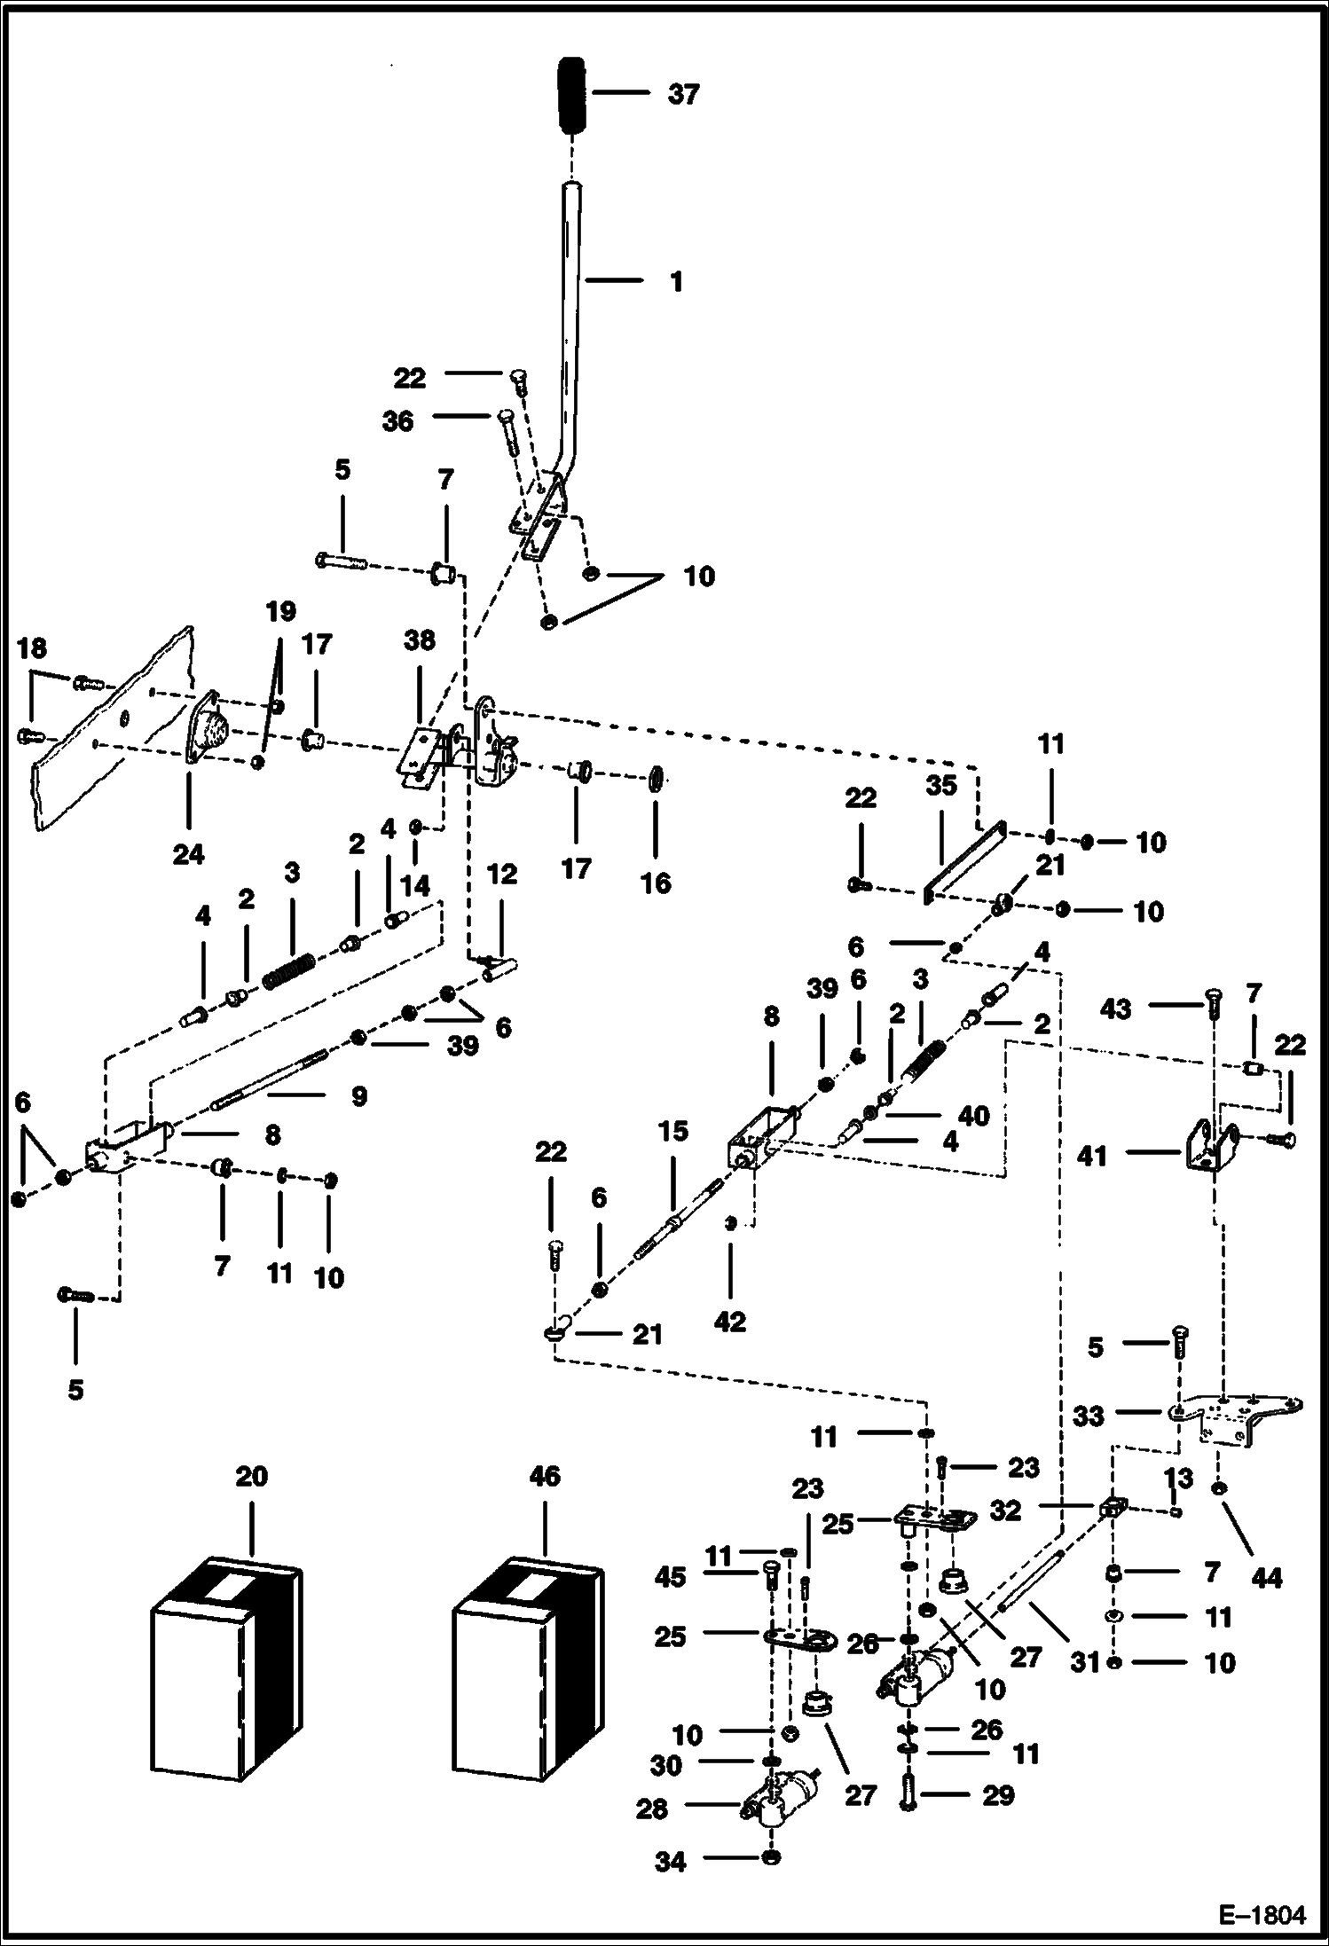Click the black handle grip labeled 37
coord(572,96)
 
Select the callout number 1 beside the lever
coord(676,282)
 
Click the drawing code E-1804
coord(1262,1916)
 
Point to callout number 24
coord(189,854)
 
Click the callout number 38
coord(420,640)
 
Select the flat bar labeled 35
coord(963,859)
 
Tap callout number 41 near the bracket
coord(1092,1156)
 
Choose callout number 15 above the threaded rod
coord(672,1133)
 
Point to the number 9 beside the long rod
coord(358,1097)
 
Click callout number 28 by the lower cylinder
coord(652,1809)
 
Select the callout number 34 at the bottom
coord(670,1863)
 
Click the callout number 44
coord(1266,1577)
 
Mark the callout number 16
coord(657,883)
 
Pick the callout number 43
coord(1116,1008)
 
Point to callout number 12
coord(502,874)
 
